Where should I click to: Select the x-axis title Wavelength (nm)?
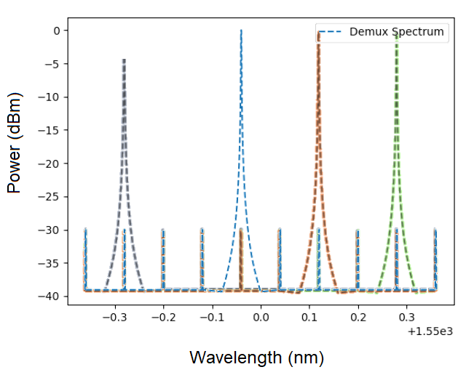(x=256, y=358)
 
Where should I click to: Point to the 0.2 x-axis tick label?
(x=358, y=317)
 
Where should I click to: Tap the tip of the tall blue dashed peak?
(x=241, y=31)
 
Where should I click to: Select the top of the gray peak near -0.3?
(x=124, y=60)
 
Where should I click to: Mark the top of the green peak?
(x=396, y=33)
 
